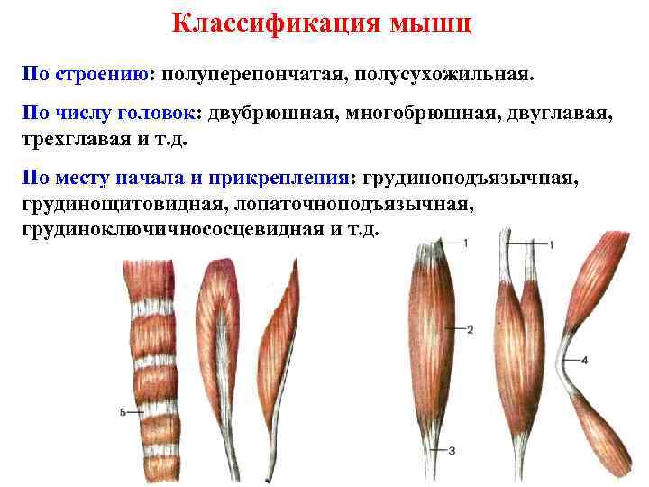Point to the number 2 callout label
[x=471, y=328]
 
